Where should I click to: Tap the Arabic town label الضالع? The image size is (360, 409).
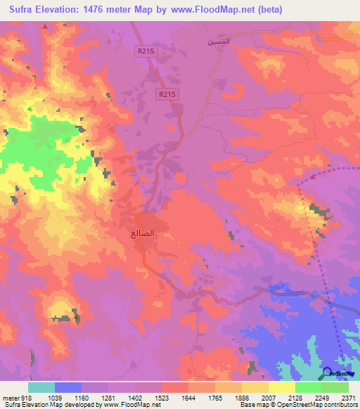pos(143,231)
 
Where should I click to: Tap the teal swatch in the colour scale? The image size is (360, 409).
pos(41,387)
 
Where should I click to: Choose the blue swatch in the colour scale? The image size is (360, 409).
pos(68,387)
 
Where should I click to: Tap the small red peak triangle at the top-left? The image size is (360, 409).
pos(45,26)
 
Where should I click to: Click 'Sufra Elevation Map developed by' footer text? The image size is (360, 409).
pos(49,405)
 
